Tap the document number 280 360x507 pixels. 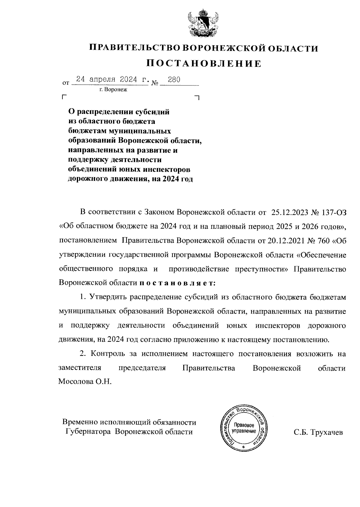tap(174, 80)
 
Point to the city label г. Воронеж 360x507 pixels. tap(114, 89)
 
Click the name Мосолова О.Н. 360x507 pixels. tap(85, 382)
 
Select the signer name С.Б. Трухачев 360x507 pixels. tap(318, 432)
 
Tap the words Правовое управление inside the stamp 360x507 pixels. tap(244, 428)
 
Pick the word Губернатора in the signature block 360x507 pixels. tap(89, 432)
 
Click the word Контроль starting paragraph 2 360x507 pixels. tap(108, 354)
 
